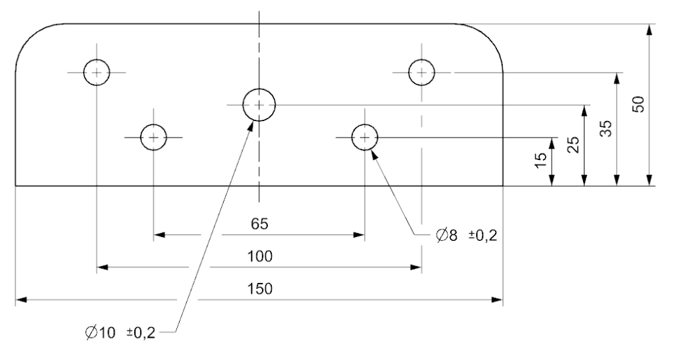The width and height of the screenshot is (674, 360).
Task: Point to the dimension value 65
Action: (x=259, y=224)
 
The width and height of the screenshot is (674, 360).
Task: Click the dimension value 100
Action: (x=259, y=257)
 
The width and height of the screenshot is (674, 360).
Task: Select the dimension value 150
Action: (x=259, y=289)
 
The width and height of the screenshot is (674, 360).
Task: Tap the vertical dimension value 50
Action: (x=638, y=105)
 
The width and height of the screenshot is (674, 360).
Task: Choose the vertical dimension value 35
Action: (x=606, y=128)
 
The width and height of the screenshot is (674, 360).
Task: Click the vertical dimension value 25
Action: (x=573, y=145)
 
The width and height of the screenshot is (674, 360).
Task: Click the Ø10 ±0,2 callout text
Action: (x=120, y=333)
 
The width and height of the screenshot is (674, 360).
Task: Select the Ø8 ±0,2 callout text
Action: (x=466, y=235)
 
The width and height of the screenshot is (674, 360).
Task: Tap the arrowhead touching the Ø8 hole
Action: (x=374, y=155)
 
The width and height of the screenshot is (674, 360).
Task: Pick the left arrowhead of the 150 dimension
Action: (x=22, y=299)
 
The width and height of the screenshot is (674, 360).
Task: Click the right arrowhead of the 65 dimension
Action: (x=359, y=234)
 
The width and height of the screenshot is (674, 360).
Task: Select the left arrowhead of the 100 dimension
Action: (x=103, y=267)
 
